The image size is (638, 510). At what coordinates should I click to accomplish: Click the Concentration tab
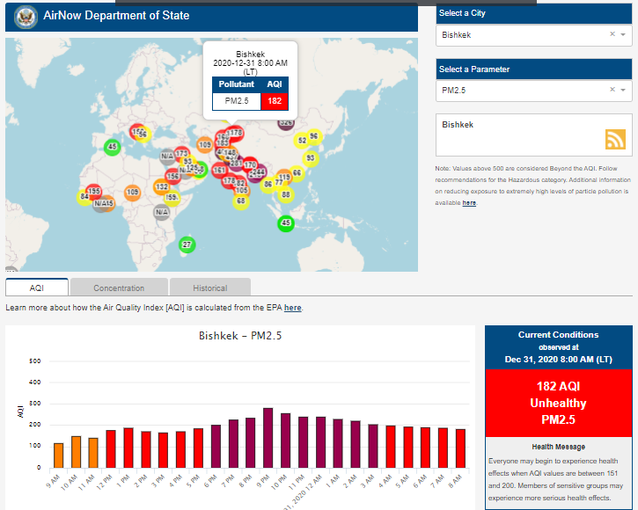tap(119, 288)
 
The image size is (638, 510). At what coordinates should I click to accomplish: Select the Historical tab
tap(209, 288)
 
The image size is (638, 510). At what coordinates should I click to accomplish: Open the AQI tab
tap(37, 288)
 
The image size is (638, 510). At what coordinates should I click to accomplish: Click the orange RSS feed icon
tap(615, 139)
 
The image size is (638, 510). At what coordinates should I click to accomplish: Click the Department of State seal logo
tap(26, 16)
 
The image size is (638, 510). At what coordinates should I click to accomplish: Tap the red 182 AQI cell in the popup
tap(275, 101)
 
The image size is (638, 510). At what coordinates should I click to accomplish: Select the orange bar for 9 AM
tap(59, 455)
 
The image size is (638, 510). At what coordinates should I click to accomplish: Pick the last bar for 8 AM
tap(460, 448)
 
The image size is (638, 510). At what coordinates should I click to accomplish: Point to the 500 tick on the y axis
tap(35, 361)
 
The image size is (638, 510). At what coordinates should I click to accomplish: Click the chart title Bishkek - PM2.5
tap(240, 336)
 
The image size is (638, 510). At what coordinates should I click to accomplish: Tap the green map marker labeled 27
tap(187, 244)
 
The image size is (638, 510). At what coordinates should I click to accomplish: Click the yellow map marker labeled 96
tap(313, 136)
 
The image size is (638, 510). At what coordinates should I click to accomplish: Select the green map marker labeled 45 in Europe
tap(112, 147)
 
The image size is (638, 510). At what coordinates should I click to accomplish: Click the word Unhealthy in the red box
tap(558, 403)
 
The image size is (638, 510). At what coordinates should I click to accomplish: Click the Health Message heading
tap(558, 447)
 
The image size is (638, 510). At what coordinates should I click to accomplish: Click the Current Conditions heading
tap(558, 335)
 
